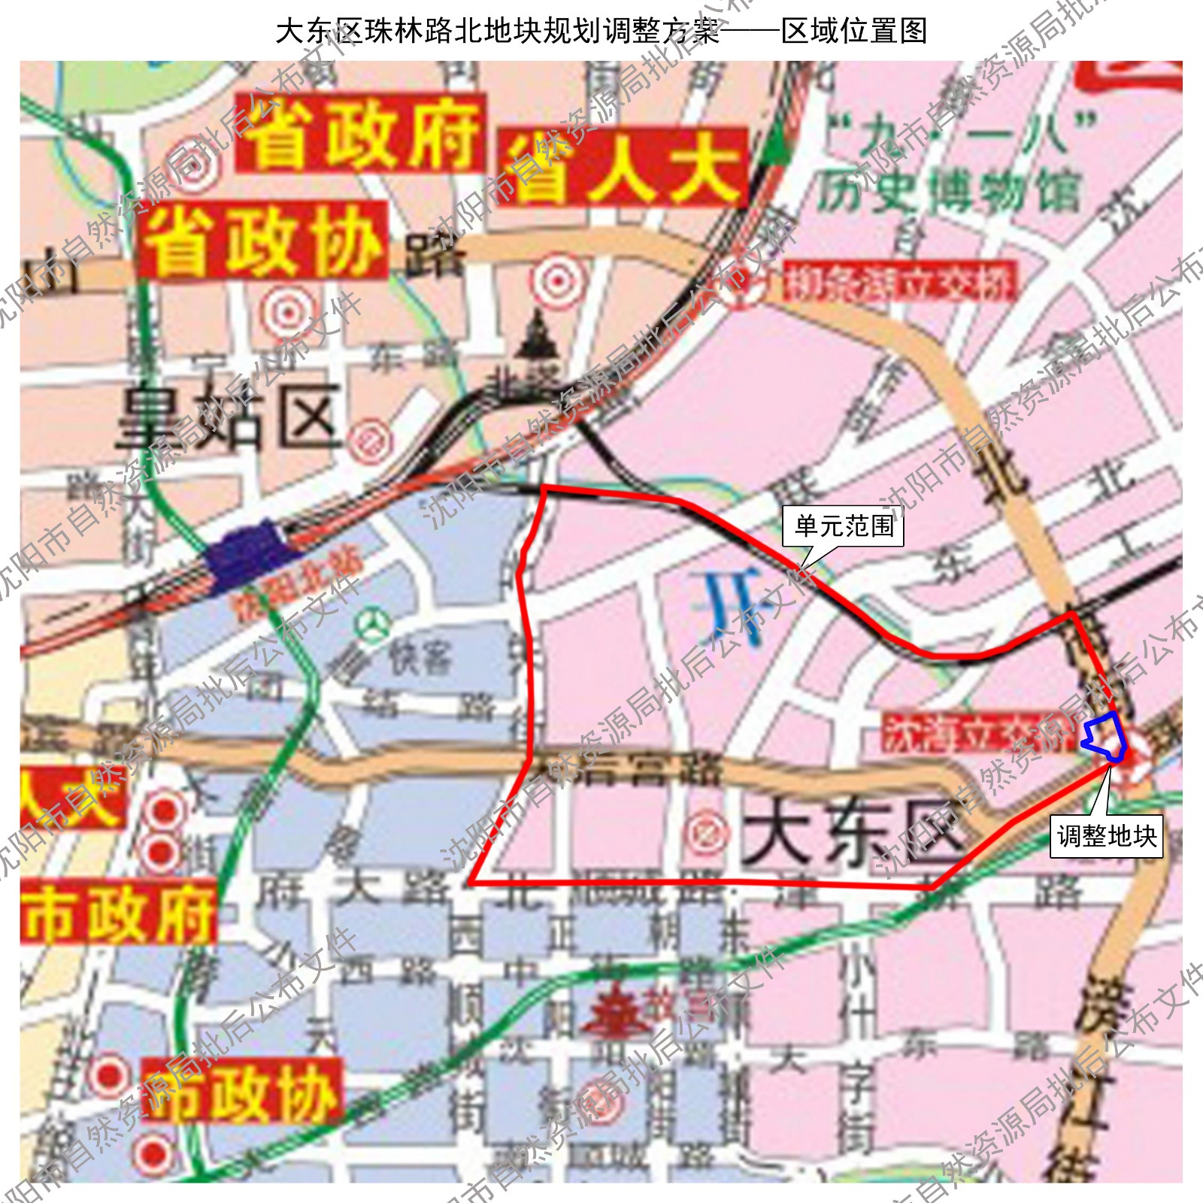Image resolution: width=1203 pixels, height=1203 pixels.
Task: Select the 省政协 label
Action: [x=262, y=241]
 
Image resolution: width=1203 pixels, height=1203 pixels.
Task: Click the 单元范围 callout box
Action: [x=843, y=526]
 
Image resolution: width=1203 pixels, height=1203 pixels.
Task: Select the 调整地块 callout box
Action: [x=1106, y=835]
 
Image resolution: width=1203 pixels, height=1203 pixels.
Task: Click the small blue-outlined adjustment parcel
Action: [x=1106, y=735]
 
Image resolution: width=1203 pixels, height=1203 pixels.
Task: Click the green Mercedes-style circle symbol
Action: [x=373, y=626]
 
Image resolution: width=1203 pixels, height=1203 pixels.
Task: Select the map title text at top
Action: [x=601, y=31]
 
